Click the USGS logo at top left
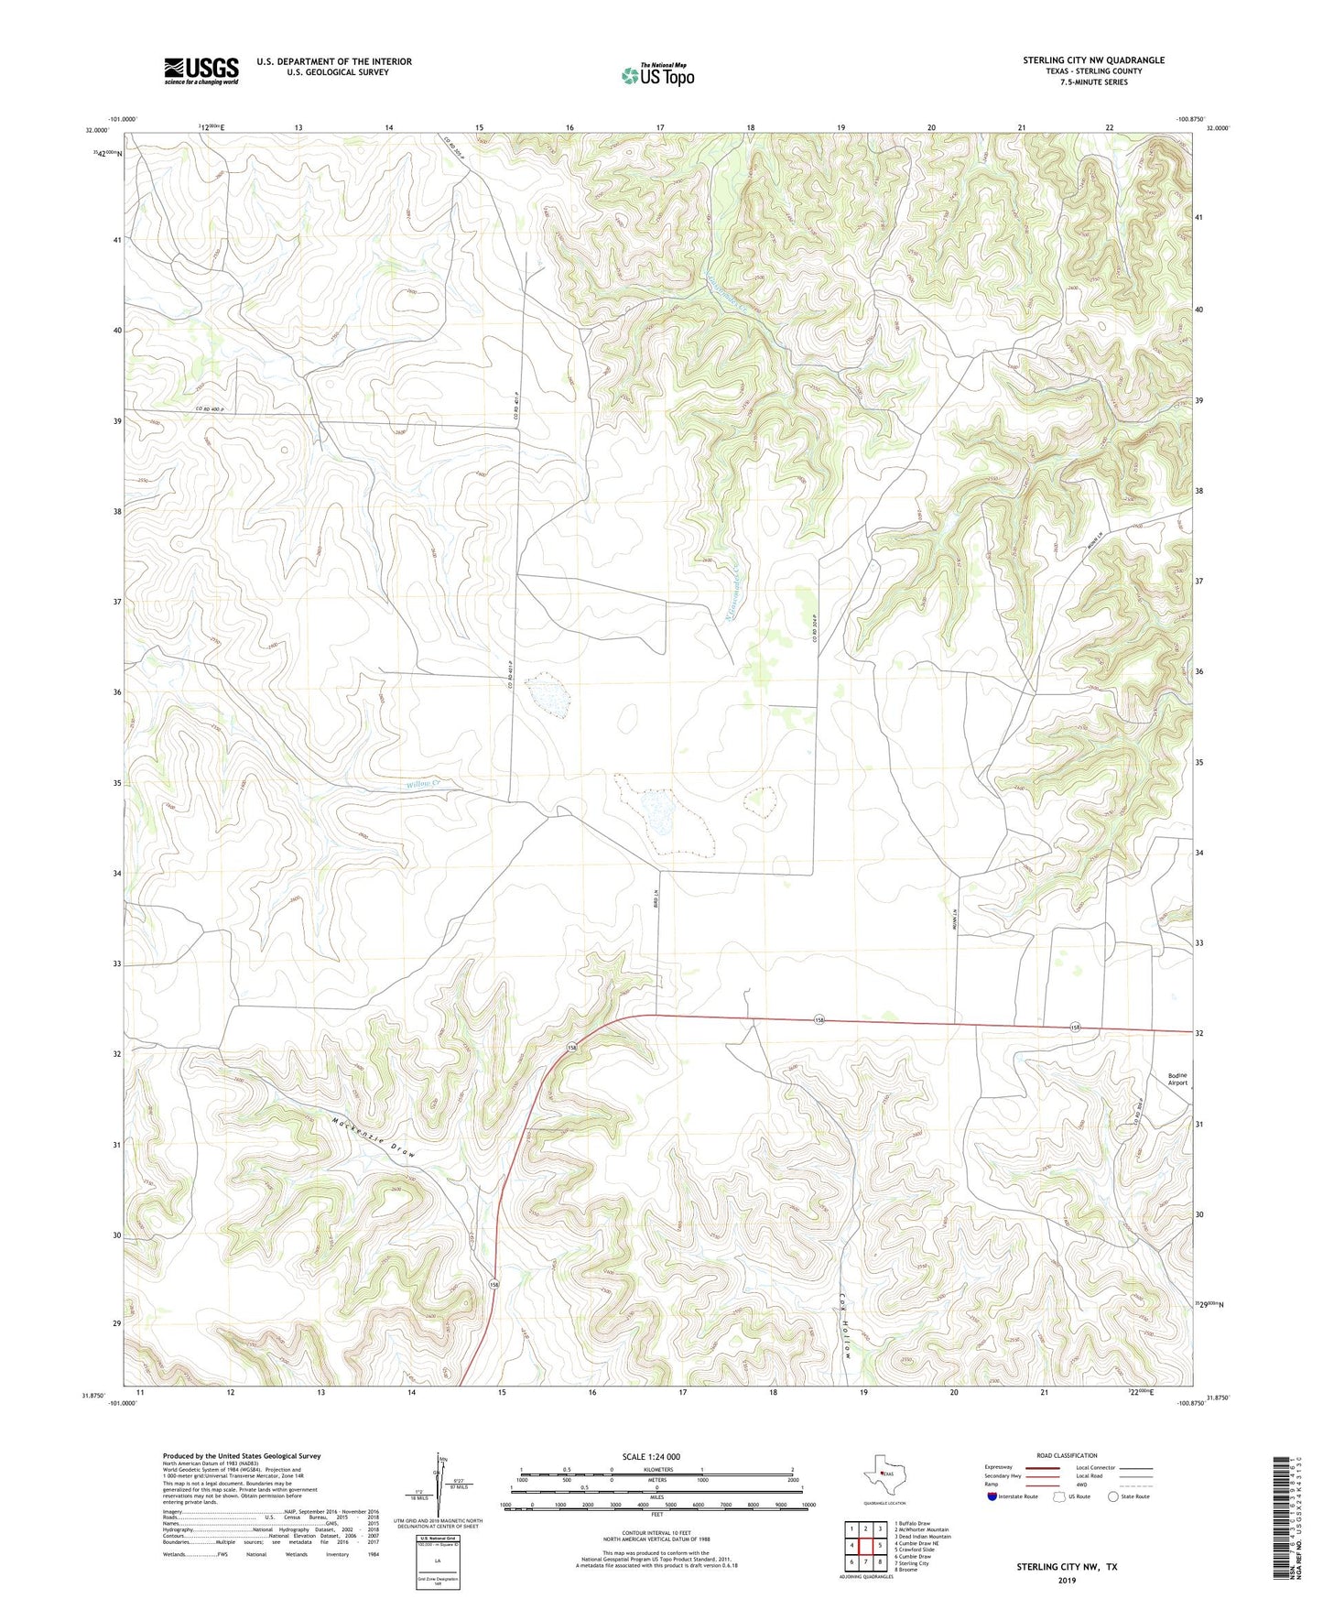click(x=201, y=71)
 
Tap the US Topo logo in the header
click(x=656, y=74)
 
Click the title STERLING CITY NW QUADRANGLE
click(x=1094, y=60)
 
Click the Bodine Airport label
click(x=1177, y=1079)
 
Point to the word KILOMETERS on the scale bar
click(x=656, y=1469)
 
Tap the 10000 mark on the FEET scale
click(x=808, y=1505)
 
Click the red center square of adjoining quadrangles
click(x=864, y=1546)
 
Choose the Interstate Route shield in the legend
click(x=993, y=1496)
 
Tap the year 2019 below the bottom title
click(x=1067, y=1581)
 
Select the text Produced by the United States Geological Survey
click(x=242, y=1456)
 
